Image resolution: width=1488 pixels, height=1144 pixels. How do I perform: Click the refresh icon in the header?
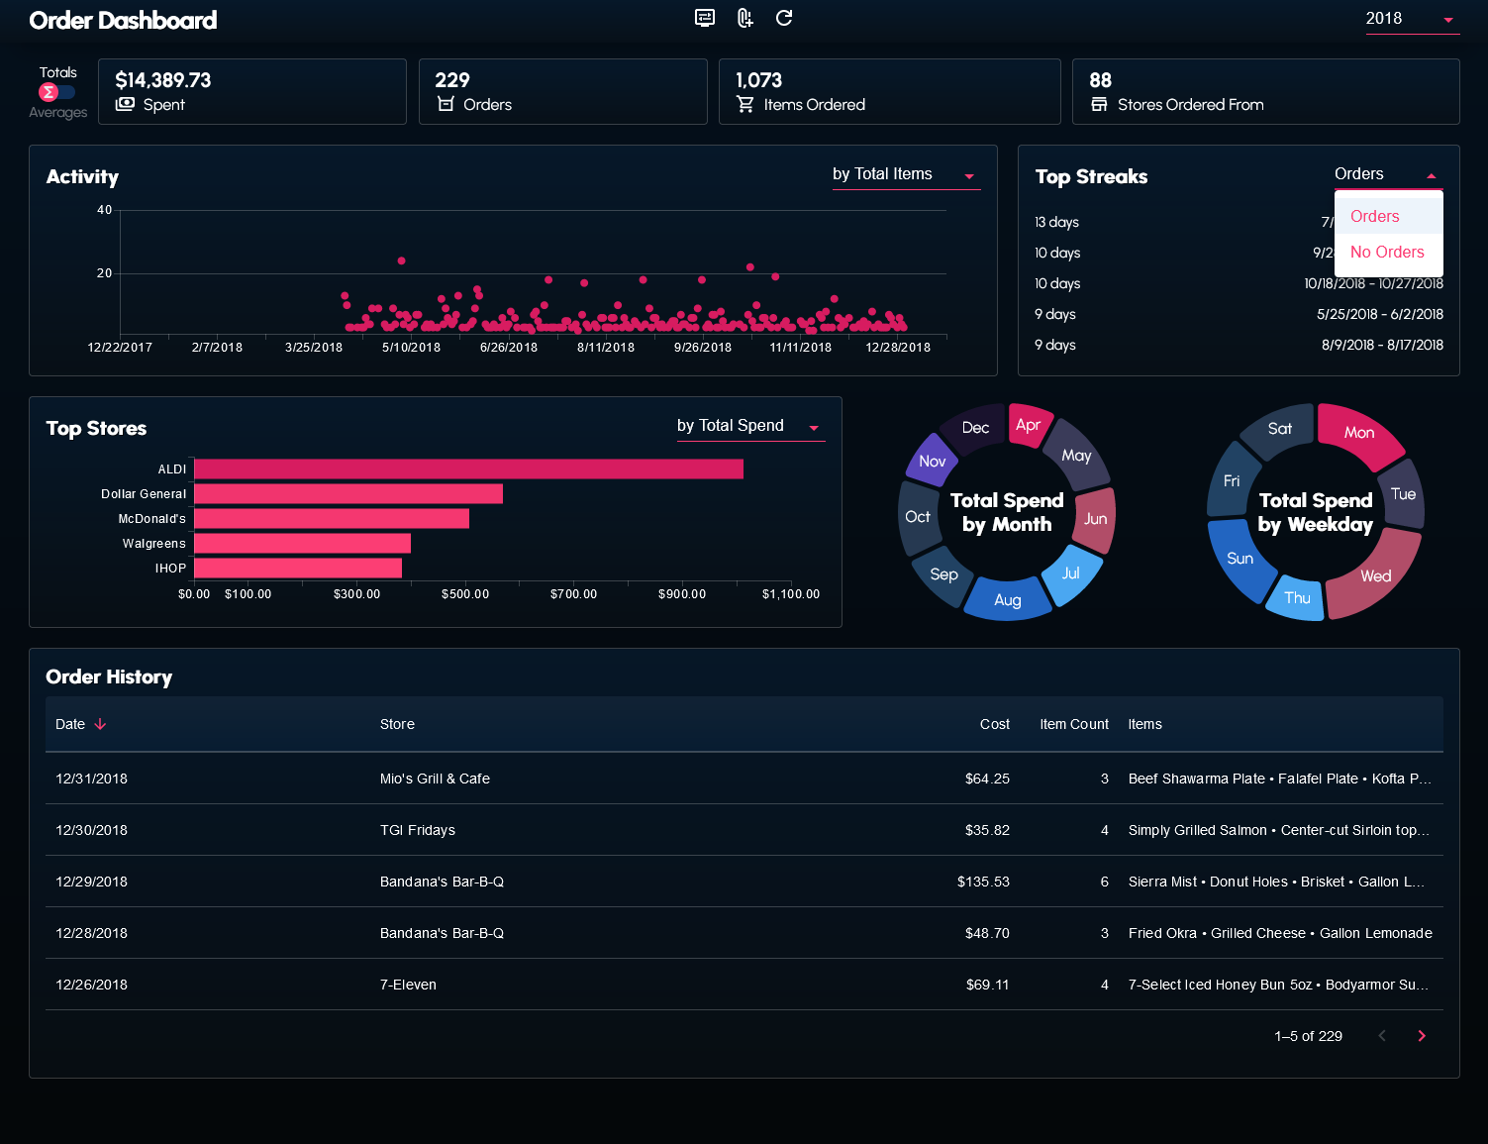tap(784, 18)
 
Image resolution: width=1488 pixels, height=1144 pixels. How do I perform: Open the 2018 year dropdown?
tap(1412, 19)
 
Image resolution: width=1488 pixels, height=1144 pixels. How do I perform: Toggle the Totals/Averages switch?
tap(56, 92)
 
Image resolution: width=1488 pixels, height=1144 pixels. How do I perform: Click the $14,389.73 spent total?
tap(163, 80)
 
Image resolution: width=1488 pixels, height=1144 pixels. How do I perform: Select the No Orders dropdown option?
tap(1387, 253)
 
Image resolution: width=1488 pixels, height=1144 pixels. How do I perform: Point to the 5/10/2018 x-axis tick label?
tap(411, 348)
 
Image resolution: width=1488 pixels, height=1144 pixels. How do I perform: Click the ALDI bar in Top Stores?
tap(468, 469)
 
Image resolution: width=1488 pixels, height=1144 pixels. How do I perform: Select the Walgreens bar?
tap(302, 543)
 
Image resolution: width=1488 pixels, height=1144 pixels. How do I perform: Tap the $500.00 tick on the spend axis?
tap(465, 594)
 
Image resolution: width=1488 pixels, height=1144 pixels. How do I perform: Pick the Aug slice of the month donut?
tap(1007, 598)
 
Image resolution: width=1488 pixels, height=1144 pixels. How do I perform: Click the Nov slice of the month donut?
tap(930, 458)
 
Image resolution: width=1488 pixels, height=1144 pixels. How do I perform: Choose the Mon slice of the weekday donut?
tap(1360, 433)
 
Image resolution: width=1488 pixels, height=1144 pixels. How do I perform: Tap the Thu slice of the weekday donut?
tap(1296, 598)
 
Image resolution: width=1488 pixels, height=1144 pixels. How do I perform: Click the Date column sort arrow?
tap(100, 724)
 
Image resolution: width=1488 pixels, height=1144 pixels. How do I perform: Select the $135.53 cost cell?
tap(983, 882)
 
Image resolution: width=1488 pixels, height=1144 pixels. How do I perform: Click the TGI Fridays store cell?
tap(417, 830)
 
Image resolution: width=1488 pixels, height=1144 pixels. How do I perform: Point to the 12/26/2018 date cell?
tap(91, 985)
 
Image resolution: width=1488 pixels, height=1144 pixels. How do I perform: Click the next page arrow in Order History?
tap(1422, 1036)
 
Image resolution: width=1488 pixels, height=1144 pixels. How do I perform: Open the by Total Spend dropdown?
tap(750, 426)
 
